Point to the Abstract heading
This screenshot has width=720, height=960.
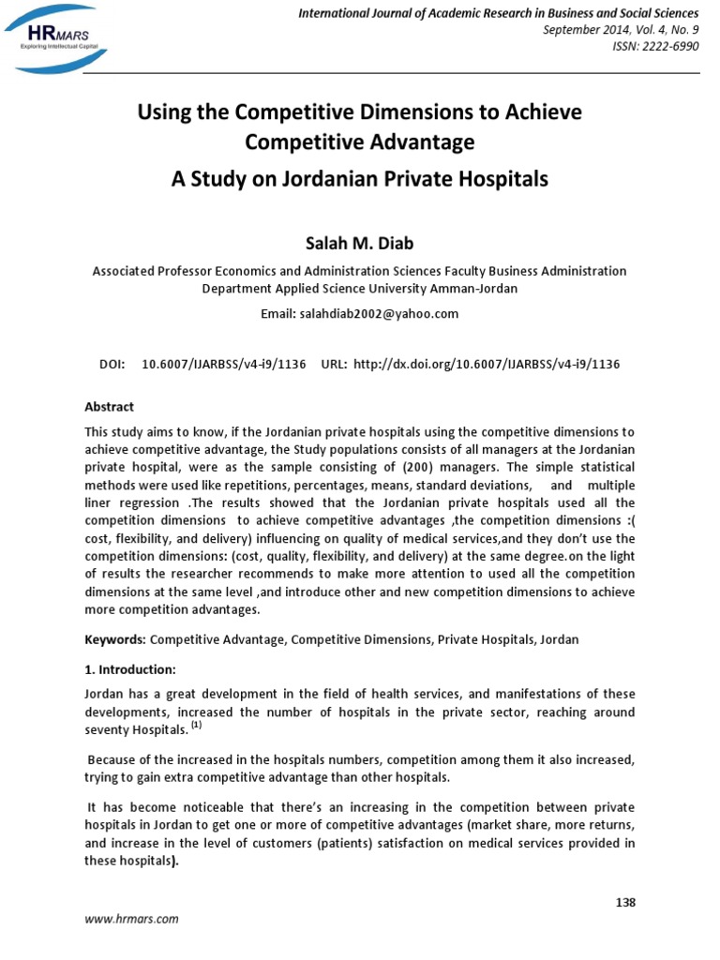[110, 407]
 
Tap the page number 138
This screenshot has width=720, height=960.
[625, 902]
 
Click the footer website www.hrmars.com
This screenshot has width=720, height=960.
[132, 920]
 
